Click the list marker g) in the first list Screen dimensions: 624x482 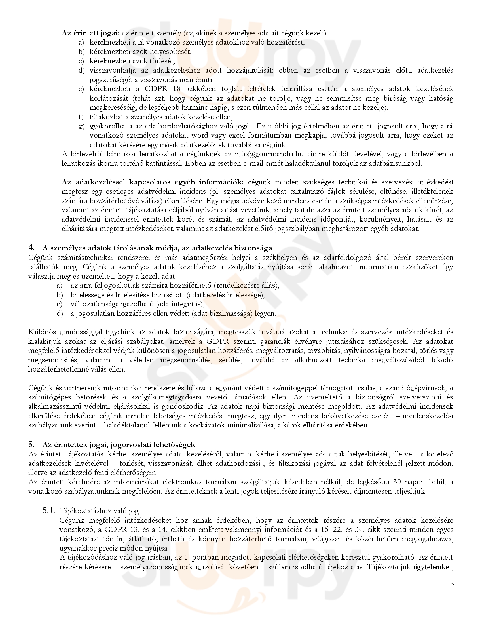[x=82, y=126]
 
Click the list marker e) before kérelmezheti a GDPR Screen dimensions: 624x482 [x=82, y=89]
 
